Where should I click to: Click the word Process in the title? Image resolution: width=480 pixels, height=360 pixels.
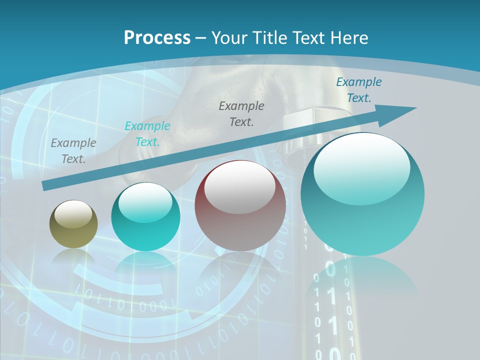click(x=157, y=38)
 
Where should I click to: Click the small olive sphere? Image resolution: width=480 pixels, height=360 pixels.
click(x=73, y=224)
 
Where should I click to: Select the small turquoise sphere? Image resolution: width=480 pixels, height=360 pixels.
click(x=145, y=217)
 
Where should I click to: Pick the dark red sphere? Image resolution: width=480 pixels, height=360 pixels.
click(x=240, y=206)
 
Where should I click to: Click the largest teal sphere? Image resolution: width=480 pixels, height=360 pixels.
click(x=362, y=194)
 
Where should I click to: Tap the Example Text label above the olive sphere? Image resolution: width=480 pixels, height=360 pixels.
click(x=73, y=151)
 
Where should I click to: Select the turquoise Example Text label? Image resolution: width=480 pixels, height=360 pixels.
click(x=147, y=134)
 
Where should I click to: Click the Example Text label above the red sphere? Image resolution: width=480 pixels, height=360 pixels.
click(x=241, y=113)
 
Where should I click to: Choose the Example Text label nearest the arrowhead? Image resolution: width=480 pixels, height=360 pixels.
click(x=359, y=90)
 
